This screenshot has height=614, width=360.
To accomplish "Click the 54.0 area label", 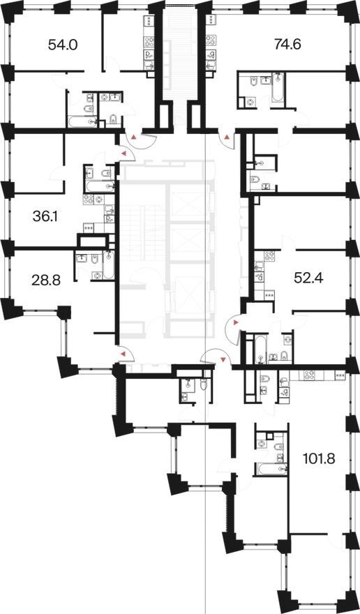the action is pyautogui.click(x=63, y=45).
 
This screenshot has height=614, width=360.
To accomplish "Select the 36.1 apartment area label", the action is pyautogui.click(x=45, y=216).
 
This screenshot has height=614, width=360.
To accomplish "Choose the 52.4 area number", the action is pyautogui.click(x=308, y=278).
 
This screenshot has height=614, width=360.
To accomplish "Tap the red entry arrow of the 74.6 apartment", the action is pyautogui.click(x=227, y=137).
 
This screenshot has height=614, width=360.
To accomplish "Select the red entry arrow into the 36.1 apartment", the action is pyautogui.click(x=123, y=154).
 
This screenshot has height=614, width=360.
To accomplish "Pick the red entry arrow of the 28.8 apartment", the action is pyautogui.click(x=123, y=354).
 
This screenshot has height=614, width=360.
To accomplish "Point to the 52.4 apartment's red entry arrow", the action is pyautogui.click(x=235, y=322).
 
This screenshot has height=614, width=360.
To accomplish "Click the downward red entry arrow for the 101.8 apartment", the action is pyautogui.click(x=223, y=359).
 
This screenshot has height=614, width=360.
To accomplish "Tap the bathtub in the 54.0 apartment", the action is pyautogui.click(x=82, y=121).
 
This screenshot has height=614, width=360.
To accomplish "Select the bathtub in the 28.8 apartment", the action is pyautogui.click(x=109, y=265).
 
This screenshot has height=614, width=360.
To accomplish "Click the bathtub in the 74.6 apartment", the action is pyautogui.click(x=278, y=87).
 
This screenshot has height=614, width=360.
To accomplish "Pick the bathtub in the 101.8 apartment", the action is pyautogui.click(x=272, y=468).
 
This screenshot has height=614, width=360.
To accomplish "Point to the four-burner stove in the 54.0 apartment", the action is pyautogui.click(x=149, y=41).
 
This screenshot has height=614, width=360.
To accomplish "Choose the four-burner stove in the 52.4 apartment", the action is pyautogui.click(x=269, y=256).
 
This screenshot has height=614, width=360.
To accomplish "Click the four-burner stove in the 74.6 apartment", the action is pyautogui.click(x=211, y=40).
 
